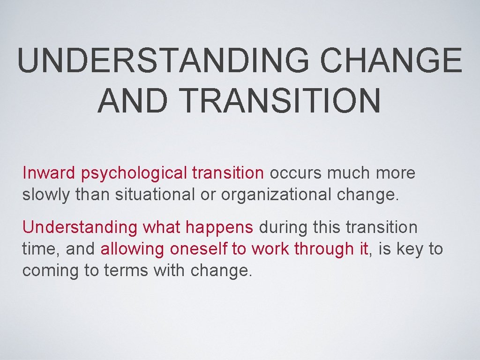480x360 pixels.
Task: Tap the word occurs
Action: tap(295, 173)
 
